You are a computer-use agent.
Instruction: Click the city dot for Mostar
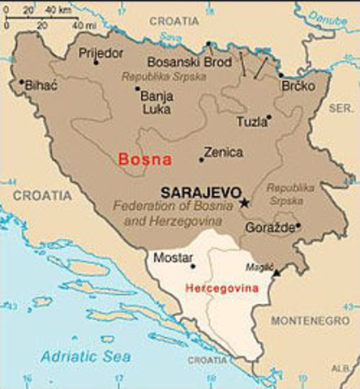click(193, 266)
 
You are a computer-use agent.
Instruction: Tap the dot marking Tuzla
click(269, 117)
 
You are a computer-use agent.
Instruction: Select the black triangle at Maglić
click(278, 276)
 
